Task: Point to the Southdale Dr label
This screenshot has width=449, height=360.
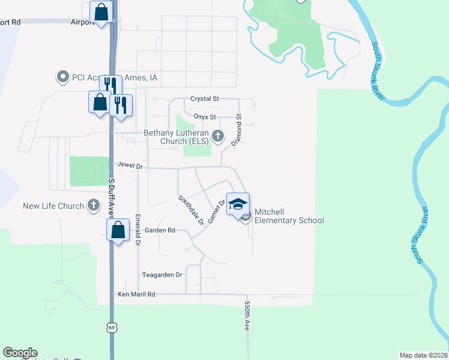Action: coord(190,209)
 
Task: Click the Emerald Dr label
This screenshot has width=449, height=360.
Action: coord(138,230)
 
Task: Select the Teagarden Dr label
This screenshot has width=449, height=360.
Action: coord(161,275)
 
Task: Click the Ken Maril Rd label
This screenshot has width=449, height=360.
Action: coord(136,295)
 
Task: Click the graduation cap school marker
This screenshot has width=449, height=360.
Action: coord(238,203)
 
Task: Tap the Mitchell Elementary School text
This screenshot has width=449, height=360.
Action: coord(289,216)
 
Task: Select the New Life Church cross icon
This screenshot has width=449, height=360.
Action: coord(93,206)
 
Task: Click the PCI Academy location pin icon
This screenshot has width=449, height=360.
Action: coord(62,77)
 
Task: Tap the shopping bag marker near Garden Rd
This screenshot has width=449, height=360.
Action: coord(118,229)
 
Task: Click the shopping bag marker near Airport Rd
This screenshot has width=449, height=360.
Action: coord(101,11)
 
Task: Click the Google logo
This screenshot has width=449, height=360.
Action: coord(20,353)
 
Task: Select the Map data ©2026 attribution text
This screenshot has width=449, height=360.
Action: coord(424,355)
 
